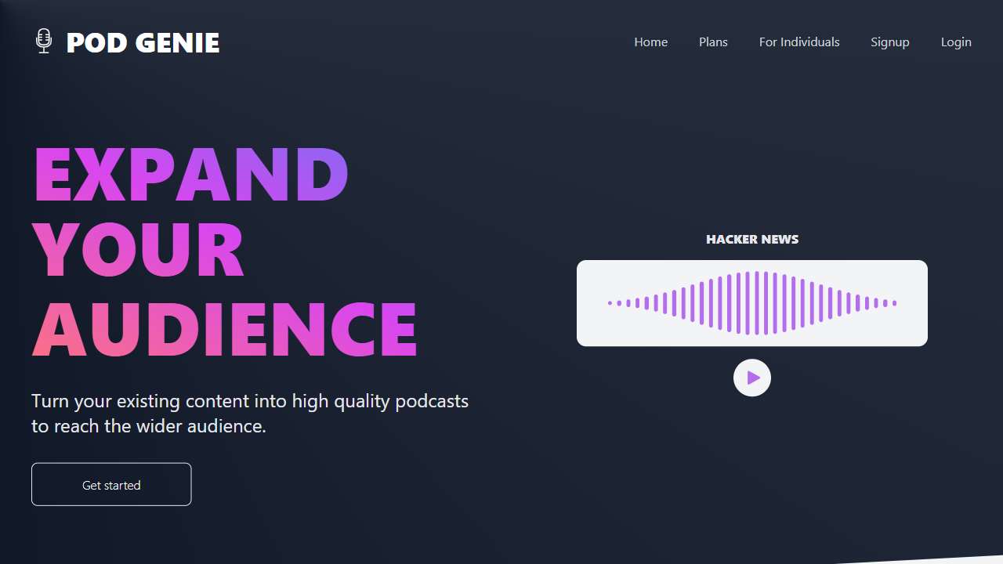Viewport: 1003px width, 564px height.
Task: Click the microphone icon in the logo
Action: (x=43, y=42)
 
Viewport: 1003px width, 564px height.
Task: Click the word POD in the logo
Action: (x=96, y=43)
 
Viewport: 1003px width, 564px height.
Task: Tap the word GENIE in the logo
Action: (x=177, y=43)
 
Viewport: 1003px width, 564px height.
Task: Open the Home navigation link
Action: (x=650, y=42)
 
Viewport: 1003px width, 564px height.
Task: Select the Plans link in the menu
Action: (x=713, y=42)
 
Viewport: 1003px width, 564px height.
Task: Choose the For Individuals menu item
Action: (x=799, y=42)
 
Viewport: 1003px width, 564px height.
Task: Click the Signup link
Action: (x=889, y=42)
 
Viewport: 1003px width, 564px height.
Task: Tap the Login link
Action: (x=956, y=42)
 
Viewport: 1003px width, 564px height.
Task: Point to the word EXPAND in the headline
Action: (x=191, y=174)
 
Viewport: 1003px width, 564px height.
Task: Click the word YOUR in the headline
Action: (x=138, y=249)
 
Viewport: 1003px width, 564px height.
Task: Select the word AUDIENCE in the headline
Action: (x=225, y=329)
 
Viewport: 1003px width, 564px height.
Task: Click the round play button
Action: (x=752, y=378)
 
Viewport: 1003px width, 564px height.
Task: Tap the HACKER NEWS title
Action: (x=752, y=240)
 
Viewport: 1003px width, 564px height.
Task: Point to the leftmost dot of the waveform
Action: (x=610, y=303)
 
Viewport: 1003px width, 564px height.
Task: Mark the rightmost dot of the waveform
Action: (x=895, y=303)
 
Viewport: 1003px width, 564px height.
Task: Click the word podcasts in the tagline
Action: (x=432, y=402)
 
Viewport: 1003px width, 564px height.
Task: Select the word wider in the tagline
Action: (x=159, y=426)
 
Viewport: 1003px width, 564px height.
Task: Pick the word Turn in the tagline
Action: (x=49, y=401)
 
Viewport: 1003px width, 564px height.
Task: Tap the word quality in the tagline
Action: (x=362, y=402)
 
